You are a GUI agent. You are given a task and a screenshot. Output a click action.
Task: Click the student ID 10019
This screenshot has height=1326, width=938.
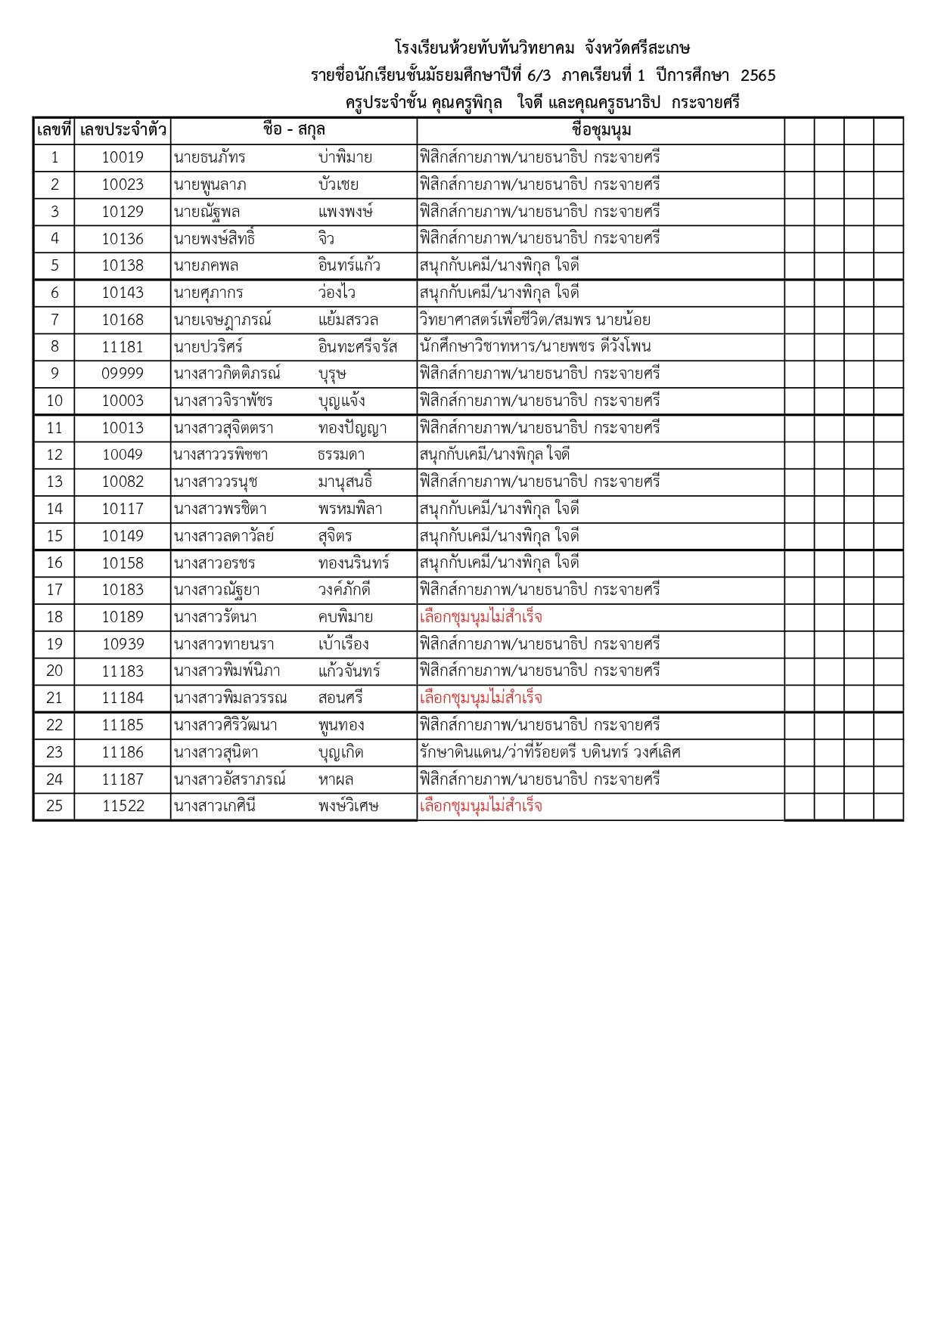pyautogui.click(x=123, y=158)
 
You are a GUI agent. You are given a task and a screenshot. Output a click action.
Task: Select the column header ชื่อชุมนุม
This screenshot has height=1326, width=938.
pyautogui.click(x=601, y=130)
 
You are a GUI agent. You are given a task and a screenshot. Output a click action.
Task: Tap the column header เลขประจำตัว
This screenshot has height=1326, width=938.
pyautogui.click(x=123, y=130)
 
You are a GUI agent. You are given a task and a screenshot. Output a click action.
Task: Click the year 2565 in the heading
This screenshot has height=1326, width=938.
pyautogui.click(x=758, y=76)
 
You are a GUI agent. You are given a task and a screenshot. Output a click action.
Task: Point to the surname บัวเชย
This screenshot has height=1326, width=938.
pyautogui.click(x=338, y=185)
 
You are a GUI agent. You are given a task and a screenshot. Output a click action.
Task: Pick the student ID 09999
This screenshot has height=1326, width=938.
pyautogui.click(x=123, y=374)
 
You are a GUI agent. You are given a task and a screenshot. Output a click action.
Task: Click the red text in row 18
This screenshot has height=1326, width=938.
pyautogui.click(x=481, y=618)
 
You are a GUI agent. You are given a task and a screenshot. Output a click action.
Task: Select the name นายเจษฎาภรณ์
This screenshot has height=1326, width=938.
pyautogui.click(x=222, y=320)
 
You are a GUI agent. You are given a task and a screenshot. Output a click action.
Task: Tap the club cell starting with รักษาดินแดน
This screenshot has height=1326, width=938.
pyautogui.click(x=550, y=752)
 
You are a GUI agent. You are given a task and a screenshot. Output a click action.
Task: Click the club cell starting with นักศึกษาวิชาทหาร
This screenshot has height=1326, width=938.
pyautogui.click(x=535, y=347)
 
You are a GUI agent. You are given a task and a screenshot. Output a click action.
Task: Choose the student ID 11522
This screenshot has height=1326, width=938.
pyautogui.click(x=123, y=806)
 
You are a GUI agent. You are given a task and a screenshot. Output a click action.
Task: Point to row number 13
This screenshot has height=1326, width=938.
pyautogui.click(x=54, y=482)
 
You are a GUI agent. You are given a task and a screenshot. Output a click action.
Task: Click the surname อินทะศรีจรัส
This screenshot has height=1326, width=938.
pyautogui.click(x=358, y=347)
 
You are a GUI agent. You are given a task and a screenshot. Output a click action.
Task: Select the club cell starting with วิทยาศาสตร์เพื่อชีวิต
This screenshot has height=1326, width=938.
pyautogui.click(x=535, y=320)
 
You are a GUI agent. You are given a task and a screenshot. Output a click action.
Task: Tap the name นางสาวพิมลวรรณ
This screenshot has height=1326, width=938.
pyautogui.click(x=230, y=699)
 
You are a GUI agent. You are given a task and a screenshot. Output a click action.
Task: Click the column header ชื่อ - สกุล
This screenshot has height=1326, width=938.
pyautogui.click(x=294, y=130)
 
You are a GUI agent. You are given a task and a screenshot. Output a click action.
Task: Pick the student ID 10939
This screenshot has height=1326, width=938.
pyautogui.click(x=123, y=644)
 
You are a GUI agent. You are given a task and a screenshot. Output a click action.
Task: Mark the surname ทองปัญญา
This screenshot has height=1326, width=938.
pyautogui.click(x=353, y=429)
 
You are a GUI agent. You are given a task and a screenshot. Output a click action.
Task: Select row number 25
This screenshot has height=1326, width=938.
pyautogui.click(x=54, y=806)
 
